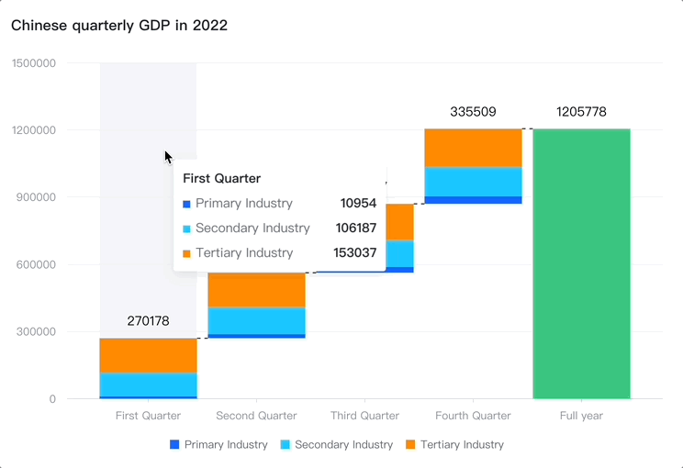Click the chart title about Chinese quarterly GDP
pyautogui.click(x=119, y=26)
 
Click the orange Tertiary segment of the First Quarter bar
pyautogui.click(x=148, y=355)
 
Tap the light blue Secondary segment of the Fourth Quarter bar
pyautogui.click(x=473, y=182)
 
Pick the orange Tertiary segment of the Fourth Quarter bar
pyautogui.click(x=473, y=148)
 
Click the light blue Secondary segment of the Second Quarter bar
pyautogui.click(x=256, y=320)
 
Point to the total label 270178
pyautogui.click(x=148, y=321)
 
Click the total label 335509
pyautogui.click(x=473, y=112)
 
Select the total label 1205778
pyautogui.click(x=581, y=112)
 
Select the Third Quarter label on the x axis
pyautogui.click(x=364, y=416)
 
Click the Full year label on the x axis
pyautogui.click(x=581, y=416)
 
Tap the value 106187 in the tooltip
pyautogui.click(x=358, y=228)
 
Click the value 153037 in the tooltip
pyautogui.click(x=358, y=252)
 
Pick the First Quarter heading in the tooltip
pyautogui.click(x=221, y=178)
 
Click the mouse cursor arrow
pyautogui.click(x=168, y=157)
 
